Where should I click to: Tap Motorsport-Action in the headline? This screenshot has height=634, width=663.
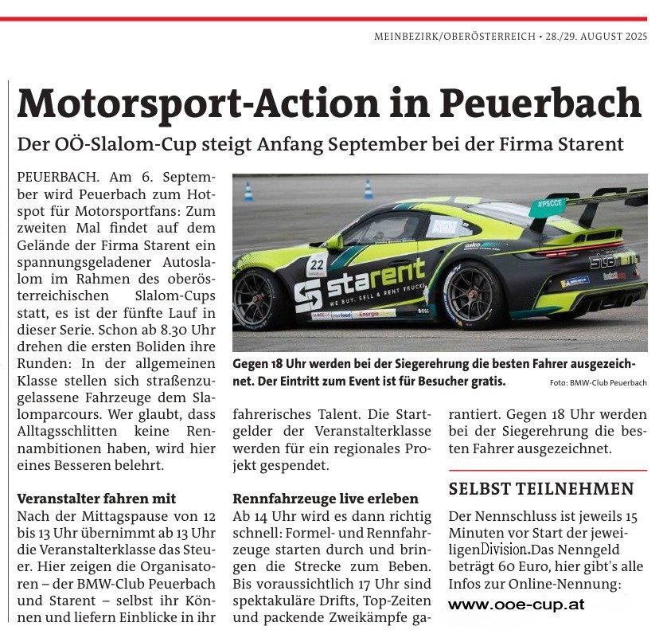(203, 103)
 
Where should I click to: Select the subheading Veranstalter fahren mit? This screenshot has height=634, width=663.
(96, 499)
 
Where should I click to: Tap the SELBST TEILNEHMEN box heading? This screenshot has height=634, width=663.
(540, 488)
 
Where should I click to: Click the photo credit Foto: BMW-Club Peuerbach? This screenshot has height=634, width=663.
(599, 384)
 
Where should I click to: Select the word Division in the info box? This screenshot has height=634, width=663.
(505, 550)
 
